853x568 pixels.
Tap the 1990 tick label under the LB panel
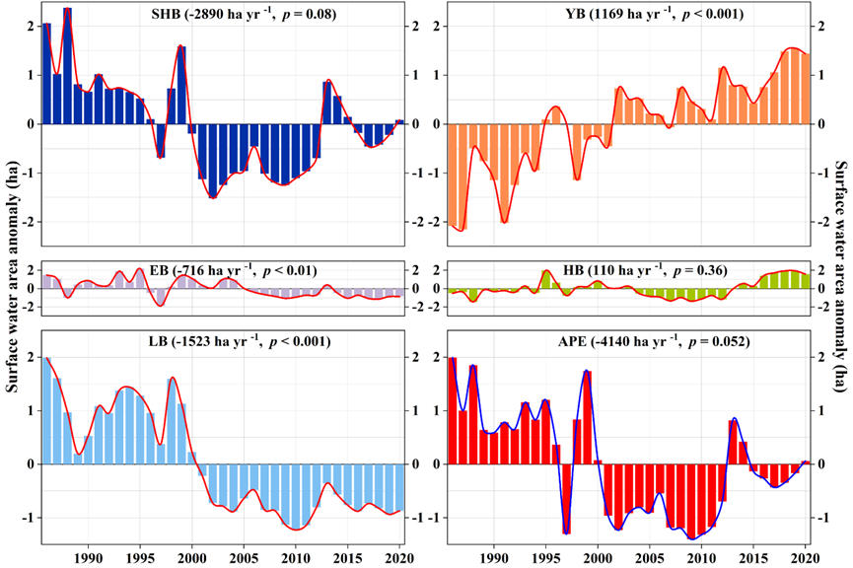89,554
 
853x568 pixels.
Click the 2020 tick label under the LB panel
398,554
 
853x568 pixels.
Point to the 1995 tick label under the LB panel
140,554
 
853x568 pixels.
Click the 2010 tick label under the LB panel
295,554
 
